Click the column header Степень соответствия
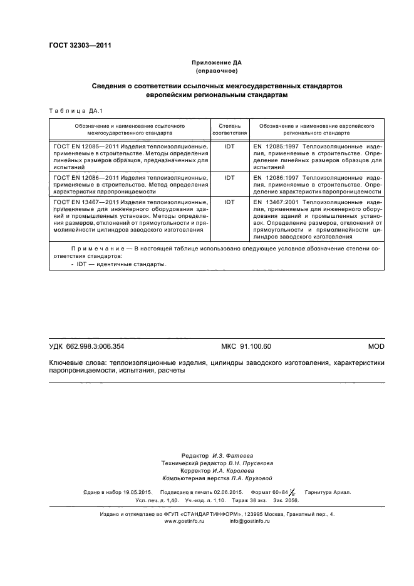[x=230, y=130]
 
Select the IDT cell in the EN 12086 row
[x=230, y=178]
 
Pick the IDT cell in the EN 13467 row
[x=230, y=203]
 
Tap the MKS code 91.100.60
[x=246, y=346]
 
